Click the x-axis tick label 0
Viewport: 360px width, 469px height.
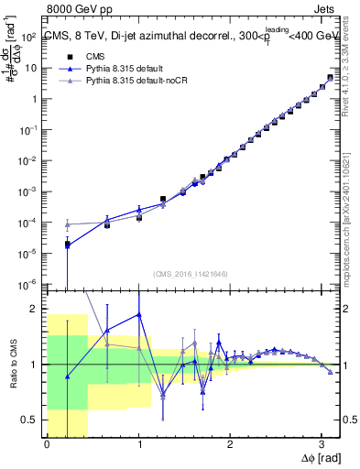pyautogui.click(x=47, y=445)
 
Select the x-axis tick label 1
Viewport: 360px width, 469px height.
pyautogui.click(x=138, y=445)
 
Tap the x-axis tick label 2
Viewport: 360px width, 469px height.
pyautogui.click(x=230, y=445)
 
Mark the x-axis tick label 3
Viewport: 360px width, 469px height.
pyautogui.click(x=322, y=445)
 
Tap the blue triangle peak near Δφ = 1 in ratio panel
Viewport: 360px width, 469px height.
pyautogui.click(x=139, y=314)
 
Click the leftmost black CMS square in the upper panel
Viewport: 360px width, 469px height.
pyautogui.click(x=67, y=245)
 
